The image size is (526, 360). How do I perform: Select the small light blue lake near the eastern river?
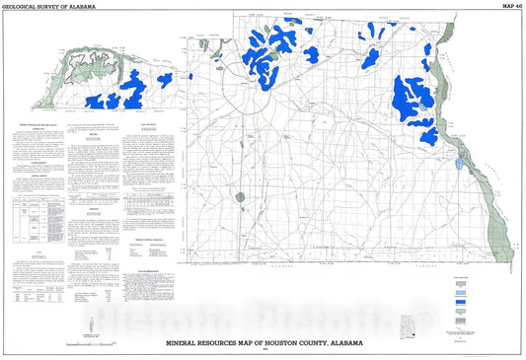[462, 154]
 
